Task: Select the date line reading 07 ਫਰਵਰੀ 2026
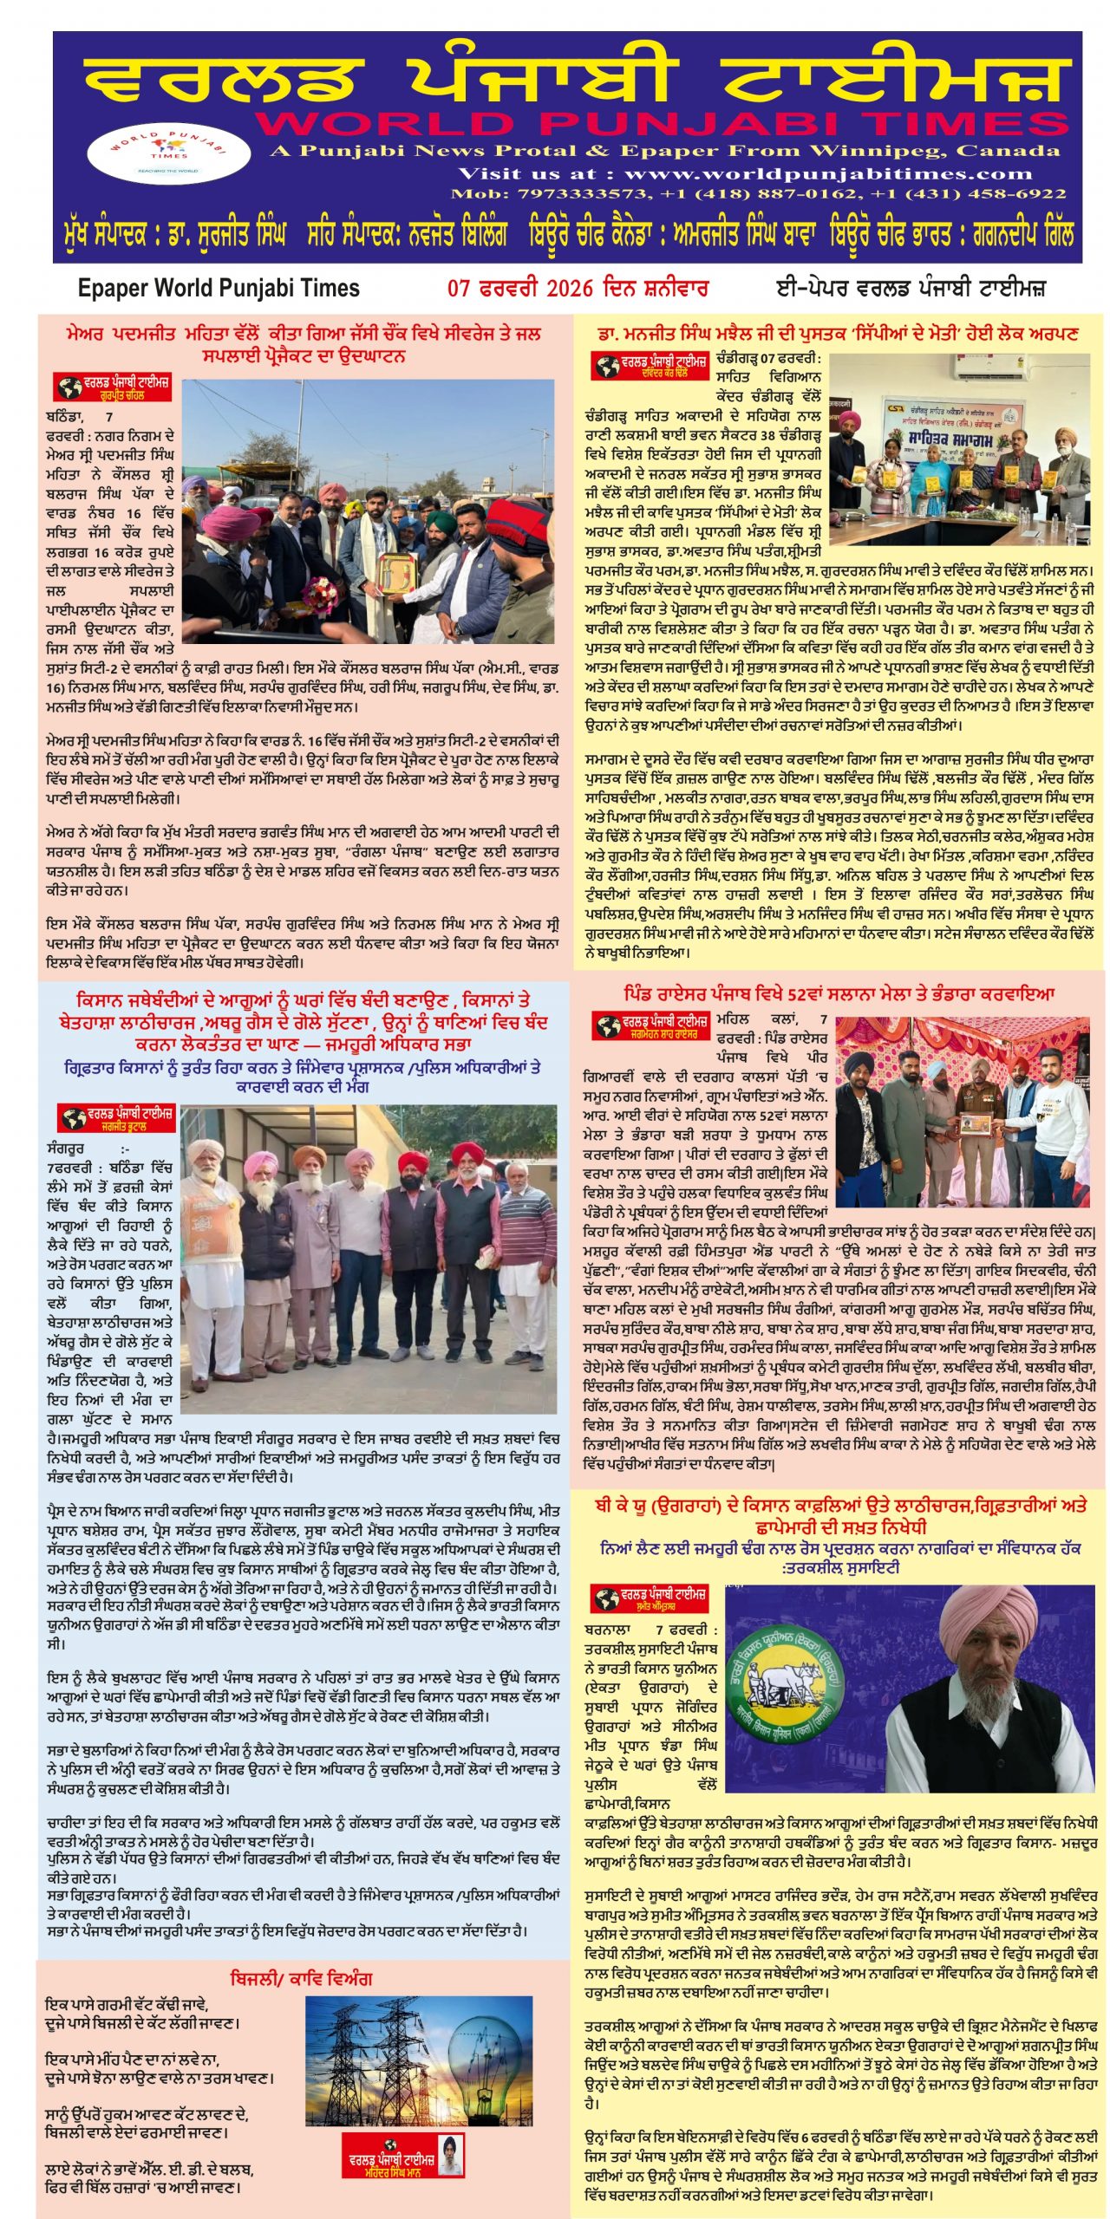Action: [578, 289]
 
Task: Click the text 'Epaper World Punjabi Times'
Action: [219, 289]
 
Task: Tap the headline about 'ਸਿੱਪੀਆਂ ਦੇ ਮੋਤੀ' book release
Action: [838, 334]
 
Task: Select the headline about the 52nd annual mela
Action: [839, 994]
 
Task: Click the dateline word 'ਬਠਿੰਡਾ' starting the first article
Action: [64, 417]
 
